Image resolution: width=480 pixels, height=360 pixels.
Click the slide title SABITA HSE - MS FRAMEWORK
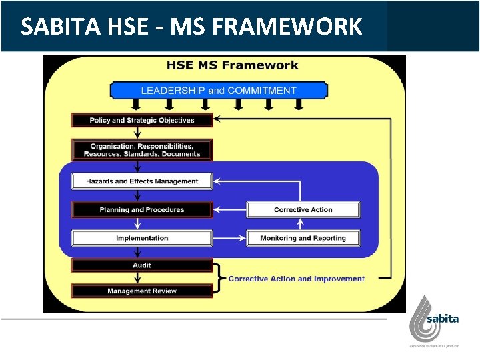point(191,26)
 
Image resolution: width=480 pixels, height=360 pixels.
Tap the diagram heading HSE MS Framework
point(232,65)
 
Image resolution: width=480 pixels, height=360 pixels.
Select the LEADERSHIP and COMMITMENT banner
point(219,90)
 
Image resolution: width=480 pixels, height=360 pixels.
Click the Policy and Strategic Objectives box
point(142,120)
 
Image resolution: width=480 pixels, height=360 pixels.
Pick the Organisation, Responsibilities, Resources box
point(142,150)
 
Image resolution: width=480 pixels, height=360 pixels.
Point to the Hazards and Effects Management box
point(142,181)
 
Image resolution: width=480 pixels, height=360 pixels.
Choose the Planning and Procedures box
point(142,209)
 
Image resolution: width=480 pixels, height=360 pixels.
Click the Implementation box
point(142,238)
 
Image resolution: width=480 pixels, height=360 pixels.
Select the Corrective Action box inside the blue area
point(303,209)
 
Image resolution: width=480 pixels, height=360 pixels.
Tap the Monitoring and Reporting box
point(303,238)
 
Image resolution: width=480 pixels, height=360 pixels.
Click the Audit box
point(142,265)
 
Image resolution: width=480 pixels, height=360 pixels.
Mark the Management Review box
point(142,291)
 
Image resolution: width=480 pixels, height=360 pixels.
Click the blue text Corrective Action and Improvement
point(296,279)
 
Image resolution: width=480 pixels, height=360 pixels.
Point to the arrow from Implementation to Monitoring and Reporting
point(230,238)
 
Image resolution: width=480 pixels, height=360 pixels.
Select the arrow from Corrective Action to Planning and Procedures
point(230,209)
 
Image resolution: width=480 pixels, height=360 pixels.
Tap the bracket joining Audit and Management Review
point(218,279)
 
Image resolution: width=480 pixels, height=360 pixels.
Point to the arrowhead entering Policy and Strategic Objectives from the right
point(218,120)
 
